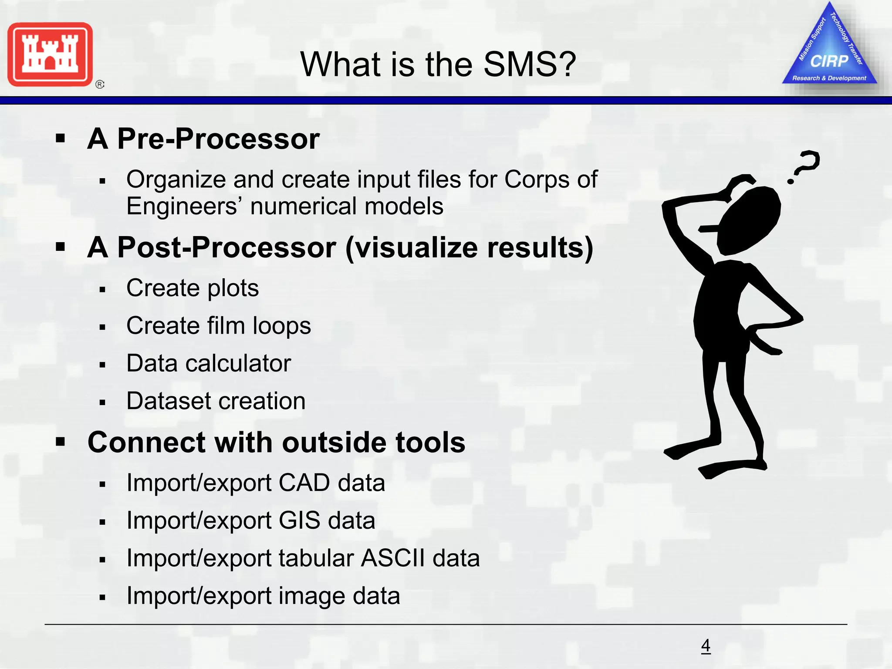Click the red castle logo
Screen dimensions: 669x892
pyautogui.click(x=50, y=54)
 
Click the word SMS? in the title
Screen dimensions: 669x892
pyautogui.click(x=529, y=64)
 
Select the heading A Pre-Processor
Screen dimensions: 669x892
pyautogui.click(x=203, y=139)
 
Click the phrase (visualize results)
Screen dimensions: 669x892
pyautogui.click(x=469, y=248)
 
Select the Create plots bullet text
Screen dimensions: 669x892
pyautogui.click(x=193, y=288)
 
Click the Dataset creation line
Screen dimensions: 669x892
pyautogui.click(x=216, y=401)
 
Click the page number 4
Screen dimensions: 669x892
pyautogui.click(x=706, y=645)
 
